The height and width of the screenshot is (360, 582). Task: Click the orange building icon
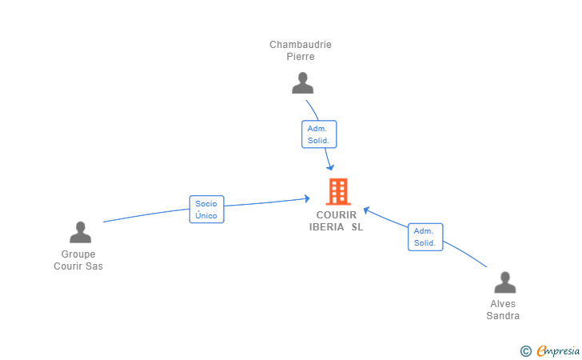338,191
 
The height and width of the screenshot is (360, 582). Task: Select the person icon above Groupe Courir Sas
80,232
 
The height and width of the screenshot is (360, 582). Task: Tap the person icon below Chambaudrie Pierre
302,83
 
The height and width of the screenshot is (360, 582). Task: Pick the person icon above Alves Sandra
504,282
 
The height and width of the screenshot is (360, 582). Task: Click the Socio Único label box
207,209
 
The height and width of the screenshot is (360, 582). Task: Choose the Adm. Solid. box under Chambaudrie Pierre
319,134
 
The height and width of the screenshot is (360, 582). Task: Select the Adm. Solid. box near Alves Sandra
425,237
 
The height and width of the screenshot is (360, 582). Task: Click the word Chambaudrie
301,45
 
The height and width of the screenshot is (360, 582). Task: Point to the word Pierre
301,57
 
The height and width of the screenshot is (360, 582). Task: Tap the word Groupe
78,254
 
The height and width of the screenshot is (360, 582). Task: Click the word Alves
503,304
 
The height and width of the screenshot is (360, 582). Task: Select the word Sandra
503,316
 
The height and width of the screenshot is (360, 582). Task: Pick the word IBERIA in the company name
327,227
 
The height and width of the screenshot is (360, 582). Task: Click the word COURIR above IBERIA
337,215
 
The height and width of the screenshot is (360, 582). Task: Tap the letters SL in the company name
357,227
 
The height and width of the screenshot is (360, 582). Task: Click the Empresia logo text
558,351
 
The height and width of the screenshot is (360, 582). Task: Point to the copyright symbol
525,351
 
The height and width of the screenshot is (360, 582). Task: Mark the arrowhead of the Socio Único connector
307,198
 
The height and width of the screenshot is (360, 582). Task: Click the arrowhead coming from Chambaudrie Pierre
330,167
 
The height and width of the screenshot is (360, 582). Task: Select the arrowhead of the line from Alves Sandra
366,210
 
